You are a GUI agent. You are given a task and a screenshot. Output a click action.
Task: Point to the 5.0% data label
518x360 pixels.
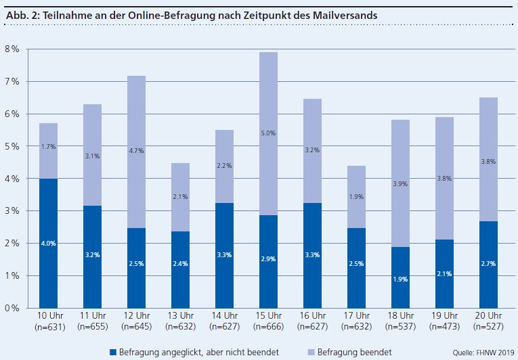click(269, 134)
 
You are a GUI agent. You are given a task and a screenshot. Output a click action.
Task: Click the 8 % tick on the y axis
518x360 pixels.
click(12, 49)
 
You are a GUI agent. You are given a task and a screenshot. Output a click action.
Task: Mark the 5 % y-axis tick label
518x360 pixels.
click(12, 146)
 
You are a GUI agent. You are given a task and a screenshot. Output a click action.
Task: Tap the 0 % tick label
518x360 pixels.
click(12, 309)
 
